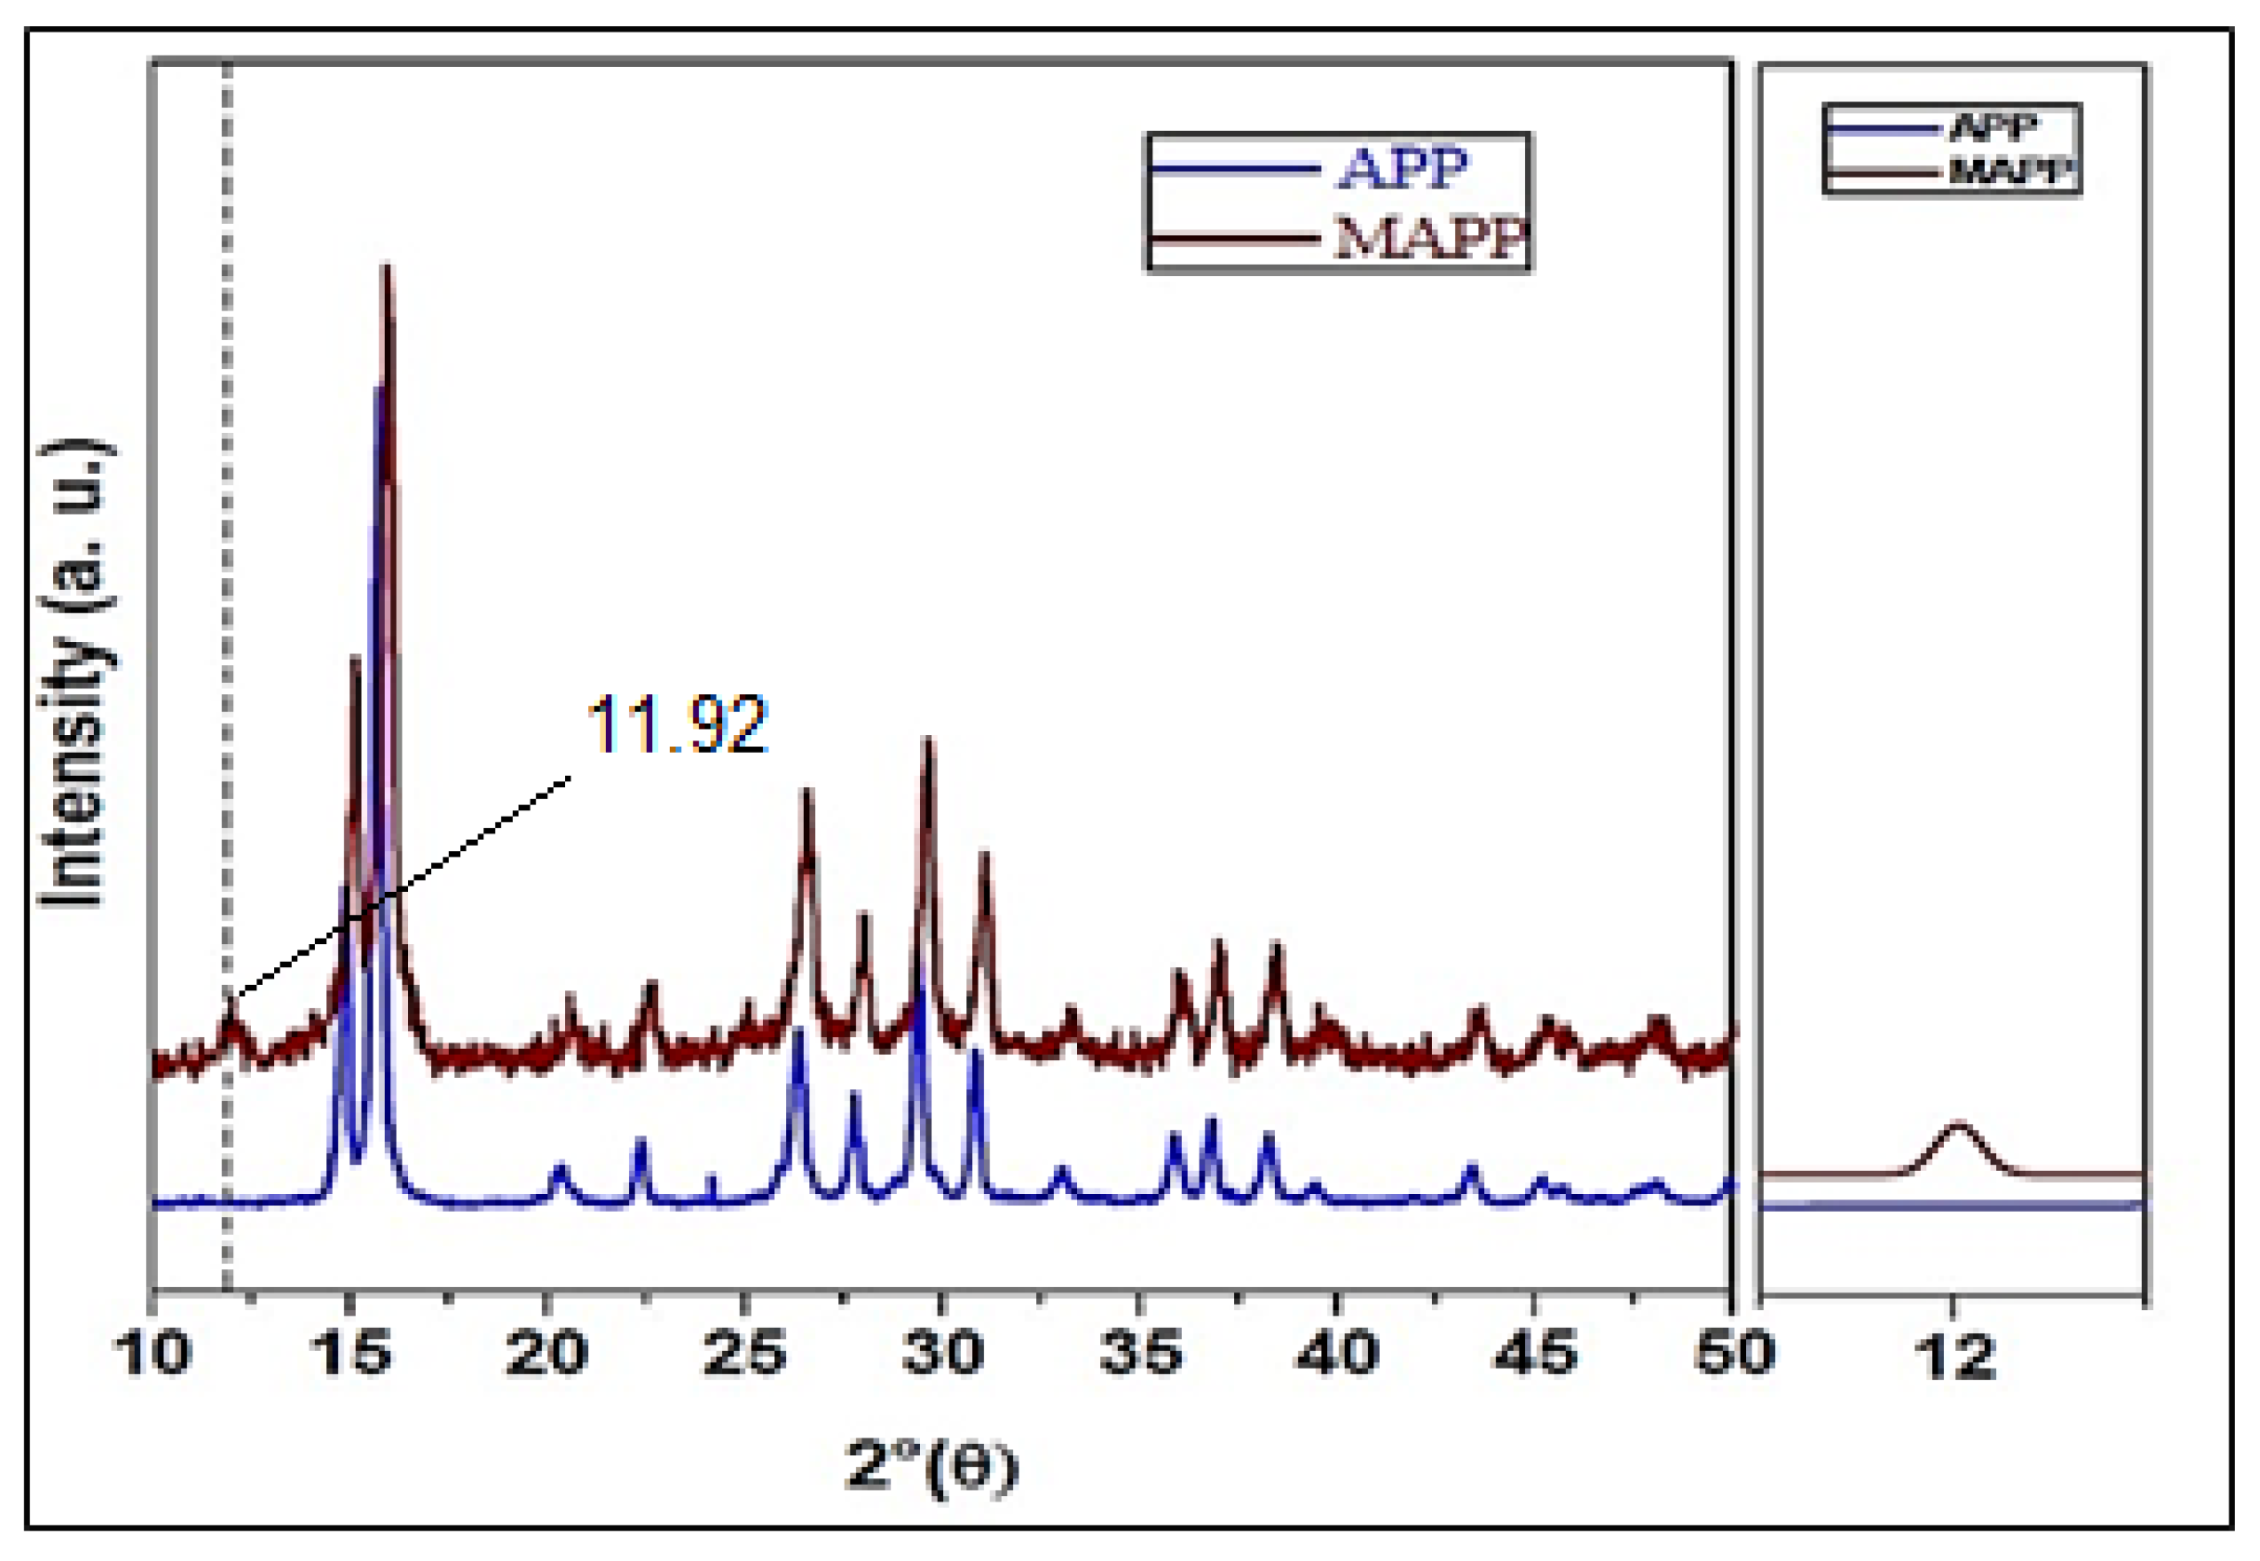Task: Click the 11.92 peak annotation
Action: [677, 725]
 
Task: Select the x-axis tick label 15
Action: [350, 1354]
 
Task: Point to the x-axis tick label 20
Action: [546, 1354]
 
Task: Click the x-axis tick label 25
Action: [744, 1354]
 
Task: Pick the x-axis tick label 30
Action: [941, 1354]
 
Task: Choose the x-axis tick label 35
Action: [1140, 1354]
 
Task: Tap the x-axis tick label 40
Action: [1338, 1354]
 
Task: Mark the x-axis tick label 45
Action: [1535, 1354]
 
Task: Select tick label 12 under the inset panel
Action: [1956, 1356]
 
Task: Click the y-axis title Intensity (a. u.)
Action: [74, 675]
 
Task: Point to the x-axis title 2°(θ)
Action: [931, 1467]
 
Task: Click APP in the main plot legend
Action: [1402, 168]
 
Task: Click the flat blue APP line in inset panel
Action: [1952, 1205]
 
